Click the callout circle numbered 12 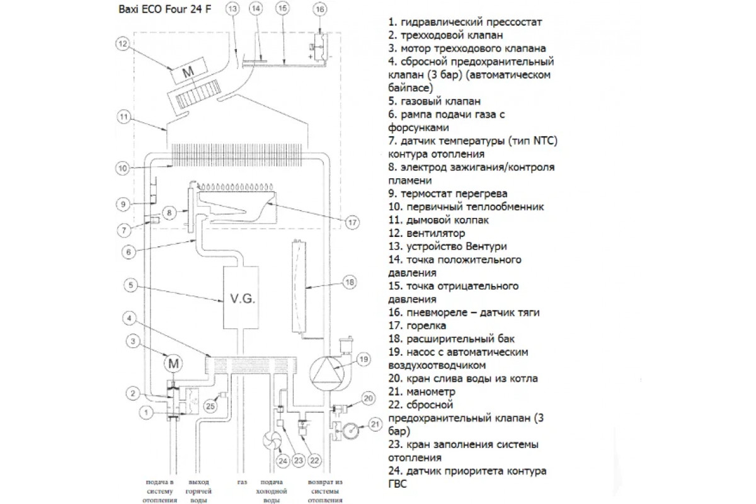click(123, 43)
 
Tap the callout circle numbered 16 click(320, 9)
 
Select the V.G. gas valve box click(239, 297)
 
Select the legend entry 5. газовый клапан click(435, 101)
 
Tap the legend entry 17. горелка click(418, 326)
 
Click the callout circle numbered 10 click(123, 168)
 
